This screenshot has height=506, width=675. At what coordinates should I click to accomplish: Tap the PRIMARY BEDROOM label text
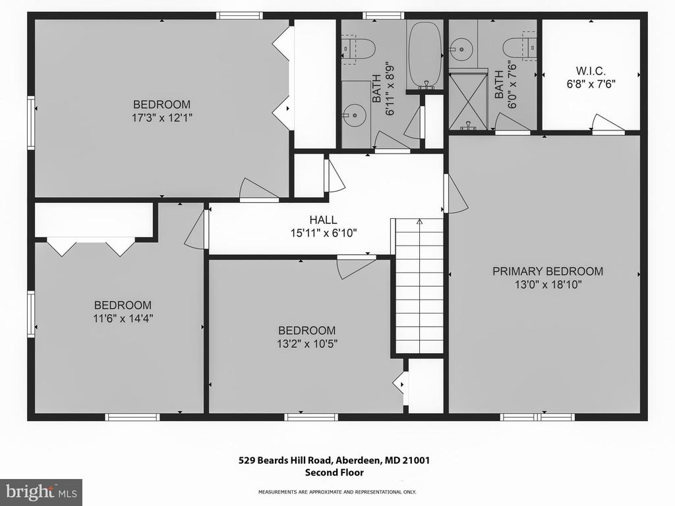(548, 271)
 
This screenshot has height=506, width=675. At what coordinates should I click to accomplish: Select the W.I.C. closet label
(591, 70)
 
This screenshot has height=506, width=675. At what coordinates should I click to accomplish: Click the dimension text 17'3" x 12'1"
(161, 117)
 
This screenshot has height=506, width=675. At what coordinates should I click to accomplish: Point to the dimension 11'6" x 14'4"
(123, 318)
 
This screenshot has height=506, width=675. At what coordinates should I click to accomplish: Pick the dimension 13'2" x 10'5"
(307, 344)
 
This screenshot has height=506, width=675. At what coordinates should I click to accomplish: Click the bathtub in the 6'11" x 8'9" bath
(425, 55)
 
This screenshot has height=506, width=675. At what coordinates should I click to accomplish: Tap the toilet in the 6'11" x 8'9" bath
(358, 48)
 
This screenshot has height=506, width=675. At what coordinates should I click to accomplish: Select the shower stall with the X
(468, 101)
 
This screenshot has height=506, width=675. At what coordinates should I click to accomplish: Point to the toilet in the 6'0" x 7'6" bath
(519, 47)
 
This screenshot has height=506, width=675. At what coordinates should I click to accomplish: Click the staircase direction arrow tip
(419, 220)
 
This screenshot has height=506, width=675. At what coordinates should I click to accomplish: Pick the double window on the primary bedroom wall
(537, 417)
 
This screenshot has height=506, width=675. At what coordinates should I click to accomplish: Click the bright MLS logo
(41, 492)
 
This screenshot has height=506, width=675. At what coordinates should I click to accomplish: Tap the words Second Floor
(334, 472)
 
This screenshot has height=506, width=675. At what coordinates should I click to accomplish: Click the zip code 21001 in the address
(416, 461)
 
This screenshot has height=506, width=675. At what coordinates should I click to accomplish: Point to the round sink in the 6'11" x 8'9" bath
(355, 115)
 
